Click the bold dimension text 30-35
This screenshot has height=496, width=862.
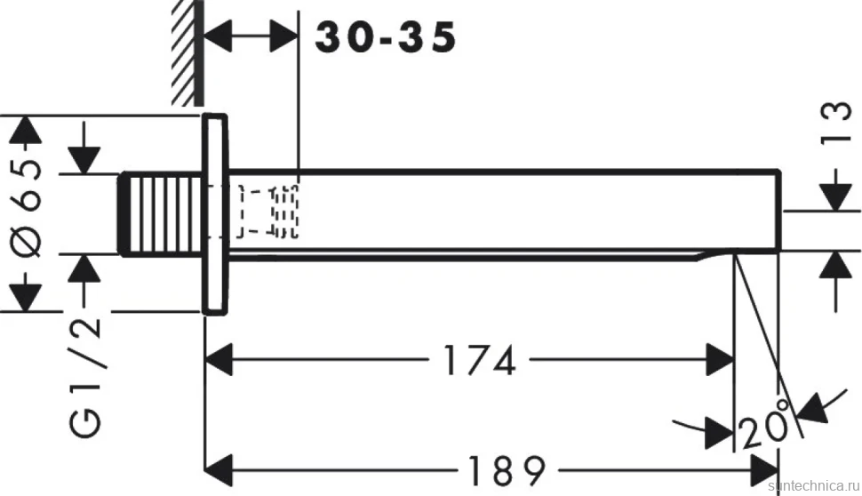coord(386,38)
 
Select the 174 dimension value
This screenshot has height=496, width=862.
coord(479,360)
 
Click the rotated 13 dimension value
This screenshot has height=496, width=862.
coord(835,124)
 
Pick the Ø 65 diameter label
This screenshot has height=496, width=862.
coord(27,209)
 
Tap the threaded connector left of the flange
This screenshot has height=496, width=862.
coord(163,214)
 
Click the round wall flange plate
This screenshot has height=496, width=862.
coord(215,214)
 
